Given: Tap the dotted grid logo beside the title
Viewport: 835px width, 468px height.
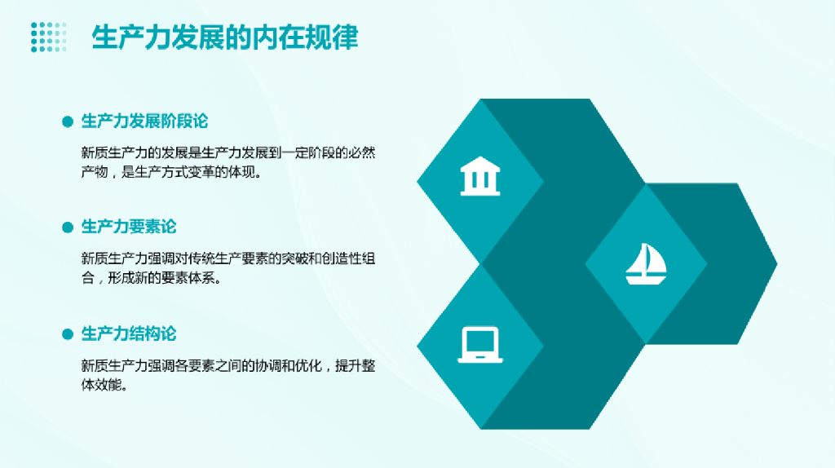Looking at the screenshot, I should pos(48,38).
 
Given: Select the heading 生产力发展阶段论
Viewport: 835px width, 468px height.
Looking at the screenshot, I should pos(144,121).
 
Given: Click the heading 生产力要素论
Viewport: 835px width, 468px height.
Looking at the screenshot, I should pos(129,227).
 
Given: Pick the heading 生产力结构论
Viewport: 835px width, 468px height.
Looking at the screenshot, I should pos(129,333).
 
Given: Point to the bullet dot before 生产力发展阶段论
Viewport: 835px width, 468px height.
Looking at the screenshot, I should pos(68,122).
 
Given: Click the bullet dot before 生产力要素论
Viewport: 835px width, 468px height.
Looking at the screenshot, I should pos(68,227).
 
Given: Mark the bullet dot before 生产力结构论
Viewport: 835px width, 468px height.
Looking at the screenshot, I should pos(68,334).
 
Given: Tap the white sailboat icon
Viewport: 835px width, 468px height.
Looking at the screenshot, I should pos(646,263).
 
